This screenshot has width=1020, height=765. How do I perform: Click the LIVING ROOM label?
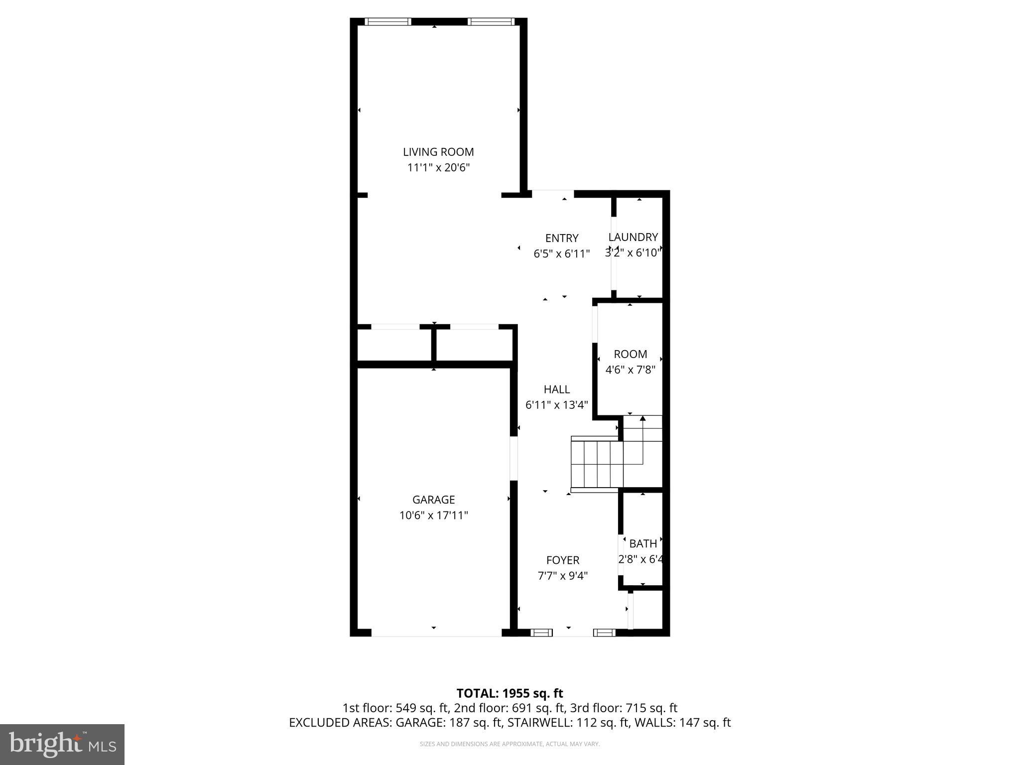(438, 152)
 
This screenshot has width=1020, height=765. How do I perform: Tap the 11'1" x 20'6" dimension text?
(438, 168)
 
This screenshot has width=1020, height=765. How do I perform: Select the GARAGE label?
(433, 500)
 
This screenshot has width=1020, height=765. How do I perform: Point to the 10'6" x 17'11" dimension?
(433, 515)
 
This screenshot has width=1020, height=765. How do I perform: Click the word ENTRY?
(562, 238)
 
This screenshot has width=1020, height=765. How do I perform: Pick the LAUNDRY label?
(633, 237)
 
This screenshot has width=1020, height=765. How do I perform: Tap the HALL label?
(556, 389)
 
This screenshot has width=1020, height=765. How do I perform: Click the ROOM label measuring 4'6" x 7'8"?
(630, 354)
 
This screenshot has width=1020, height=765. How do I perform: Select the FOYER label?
(563, 560)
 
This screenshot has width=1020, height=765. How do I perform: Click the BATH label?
(642, 544)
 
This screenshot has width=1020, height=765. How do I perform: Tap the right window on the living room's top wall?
(490, 22)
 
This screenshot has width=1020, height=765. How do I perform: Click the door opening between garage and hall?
(513, 458)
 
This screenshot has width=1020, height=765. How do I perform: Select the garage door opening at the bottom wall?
(436, 633)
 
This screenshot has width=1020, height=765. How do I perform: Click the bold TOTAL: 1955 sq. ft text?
(510, 693)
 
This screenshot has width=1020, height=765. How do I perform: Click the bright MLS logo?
(62, 744)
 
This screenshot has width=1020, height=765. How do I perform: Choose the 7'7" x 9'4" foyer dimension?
(563, 576)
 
